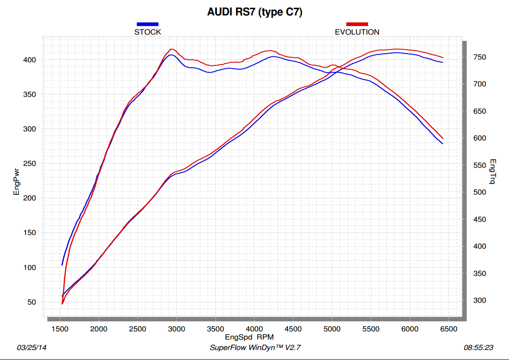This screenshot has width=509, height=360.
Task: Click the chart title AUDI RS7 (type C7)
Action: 255,12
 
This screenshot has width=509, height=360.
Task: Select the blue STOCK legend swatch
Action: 147,24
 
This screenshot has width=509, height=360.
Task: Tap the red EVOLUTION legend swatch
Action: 357,24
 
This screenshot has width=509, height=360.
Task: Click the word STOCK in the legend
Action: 147,32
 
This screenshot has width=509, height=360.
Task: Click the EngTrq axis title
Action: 493,172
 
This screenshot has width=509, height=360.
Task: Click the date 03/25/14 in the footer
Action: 32,348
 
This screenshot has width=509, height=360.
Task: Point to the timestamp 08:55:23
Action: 479,348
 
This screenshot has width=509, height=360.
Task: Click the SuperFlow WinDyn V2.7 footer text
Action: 255,348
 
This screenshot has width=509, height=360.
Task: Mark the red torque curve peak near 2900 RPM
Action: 171,49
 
